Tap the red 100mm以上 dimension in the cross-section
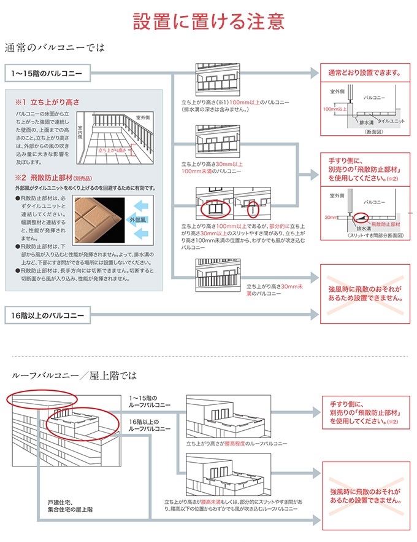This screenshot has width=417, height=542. [334, 109]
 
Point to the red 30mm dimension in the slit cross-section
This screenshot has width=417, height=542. [331, 217]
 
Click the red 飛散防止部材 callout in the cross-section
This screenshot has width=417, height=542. [384, 226]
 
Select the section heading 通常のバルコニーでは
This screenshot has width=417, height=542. [55, 47]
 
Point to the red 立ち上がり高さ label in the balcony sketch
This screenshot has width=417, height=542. [113, 149]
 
